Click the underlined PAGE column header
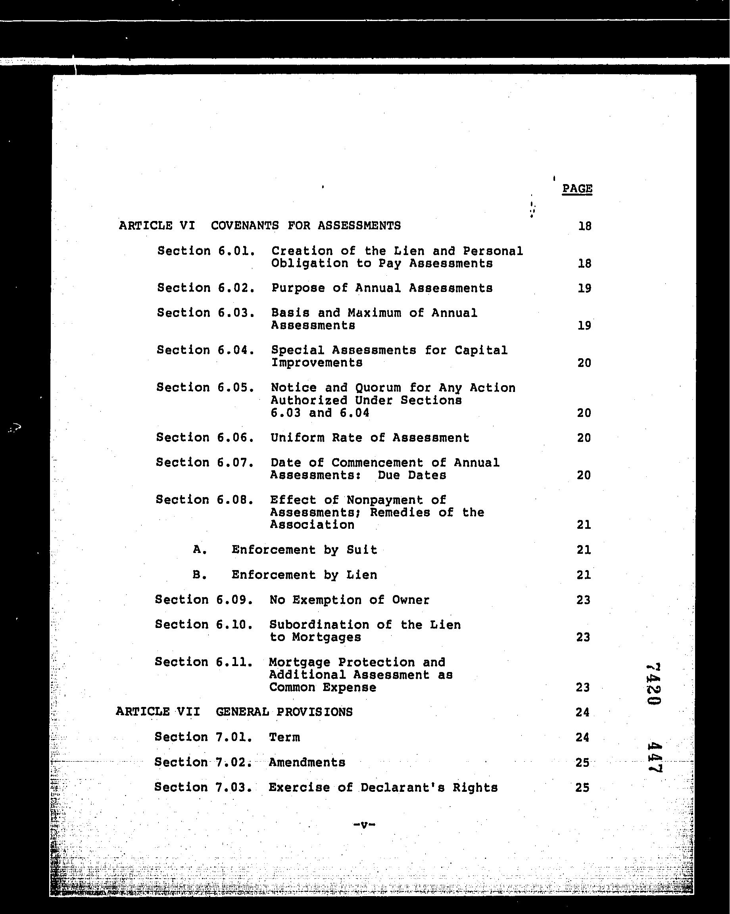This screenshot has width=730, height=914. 577,189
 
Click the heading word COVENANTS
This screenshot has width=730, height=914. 245,226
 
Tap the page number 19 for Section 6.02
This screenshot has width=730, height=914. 584,288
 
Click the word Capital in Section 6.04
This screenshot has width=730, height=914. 481,350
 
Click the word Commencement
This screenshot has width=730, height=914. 377,462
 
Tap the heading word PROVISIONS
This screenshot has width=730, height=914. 314,712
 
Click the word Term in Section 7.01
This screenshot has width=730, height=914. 284,737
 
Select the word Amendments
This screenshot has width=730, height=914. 307,762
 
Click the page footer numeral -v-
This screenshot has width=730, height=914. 364,825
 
